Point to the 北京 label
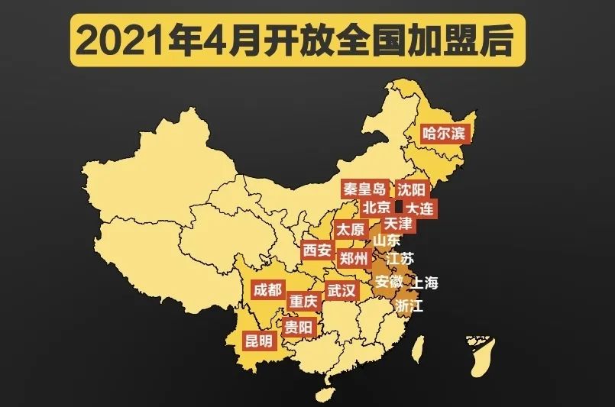coord(377,207)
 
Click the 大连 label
coord(419,208)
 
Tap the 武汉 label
coord(341,291)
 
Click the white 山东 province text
coord(386,241)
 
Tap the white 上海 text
coord(426,283)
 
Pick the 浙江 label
coord(409,305)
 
